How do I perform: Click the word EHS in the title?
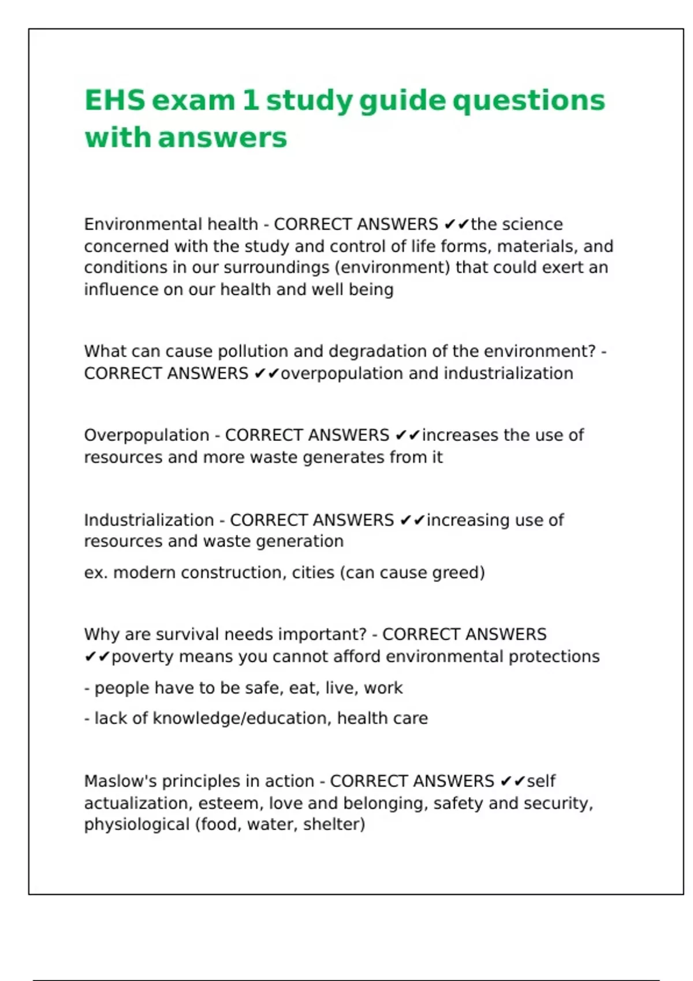coord(114,100)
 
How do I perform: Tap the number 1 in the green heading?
coord(250,100)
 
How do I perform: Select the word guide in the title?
coord(402,102)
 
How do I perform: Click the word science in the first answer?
coord(536,224)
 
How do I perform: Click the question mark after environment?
coord(590,351)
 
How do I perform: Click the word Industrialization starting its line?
coord(148,520)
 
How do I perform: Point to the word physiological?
coord(136,825)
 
